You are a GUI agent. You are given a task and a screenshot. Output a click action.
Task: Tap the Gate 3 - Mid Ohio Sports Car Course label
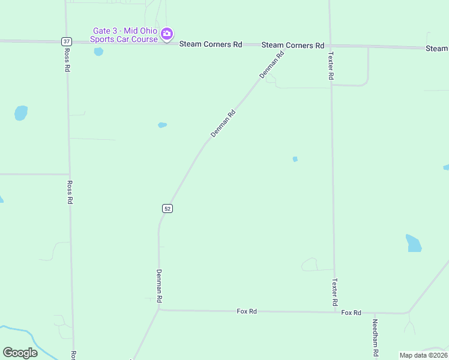coord(124,35)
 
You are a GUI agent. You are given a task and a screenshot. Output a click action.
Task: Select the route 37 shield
coord(66,41)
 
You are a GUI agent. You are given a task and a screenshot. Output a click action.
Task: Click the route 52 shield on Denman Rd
coord(167,208)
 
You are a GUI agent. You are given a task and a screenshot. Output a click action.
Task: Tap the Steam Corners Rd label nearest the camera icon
coord(211,44)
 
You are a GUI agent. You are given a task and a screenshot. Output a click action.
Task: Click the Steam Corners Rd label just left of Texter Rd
coord(292,46)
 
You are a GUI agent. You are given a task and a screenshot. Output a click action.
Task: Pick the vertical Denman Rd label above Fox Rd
coord(159,286)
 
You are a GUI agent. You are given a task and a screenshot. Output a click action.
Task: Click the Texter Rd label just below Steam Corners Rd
coord(330,66)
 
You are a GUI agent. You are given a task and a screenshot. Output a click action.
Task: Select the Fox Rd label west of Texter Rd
coord(247,311)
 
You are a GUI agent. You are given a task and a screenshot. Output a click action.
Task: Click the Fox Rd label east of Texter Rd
coord(351,313)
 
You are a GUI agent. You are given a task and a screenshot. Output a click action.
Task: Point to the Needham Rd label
coord(375,337)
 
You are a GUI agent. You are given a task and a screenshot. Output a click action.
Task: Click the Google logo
coord(20,353)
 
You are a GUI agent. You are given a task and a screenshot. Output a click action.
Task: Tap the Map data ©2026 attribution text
coord(423,355)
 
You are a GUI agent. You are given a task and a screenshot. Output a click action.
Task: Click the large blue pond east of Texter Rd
coord(413,243)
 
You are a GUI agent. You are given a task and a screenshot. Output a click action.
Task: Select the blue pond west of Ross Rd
coord(21,113)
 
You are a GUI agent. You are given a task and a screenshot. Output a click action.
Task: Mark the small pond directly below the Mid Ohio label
coord(98,52)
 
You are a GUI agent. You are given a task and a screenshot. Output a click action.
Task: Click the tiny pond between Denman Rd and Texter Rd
coord(295,159)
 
